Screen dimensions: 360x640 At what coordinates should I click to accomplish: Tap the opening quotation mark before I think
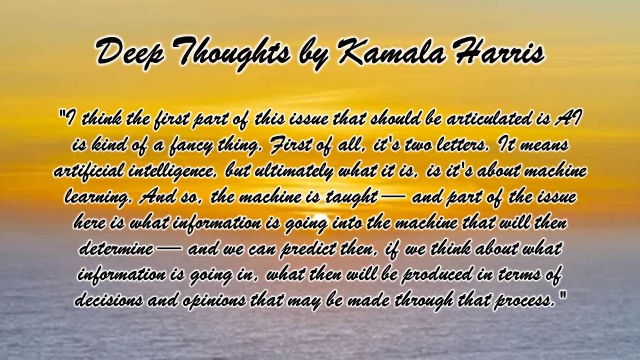(x=62, y=114)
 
